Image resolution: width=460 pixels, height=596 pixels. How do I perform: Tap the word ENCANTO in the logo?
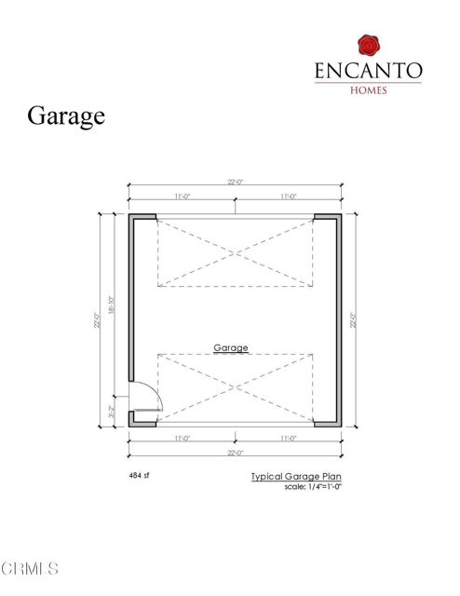point(370,72)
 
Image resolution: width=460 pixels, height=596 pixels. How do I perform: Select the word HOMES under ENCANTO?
point(369,90)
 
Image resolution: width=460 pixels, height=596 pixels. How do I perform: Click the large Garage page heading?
point(66,117)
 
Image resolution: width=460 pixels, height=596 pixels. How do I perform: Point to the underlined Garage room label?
point(231,347)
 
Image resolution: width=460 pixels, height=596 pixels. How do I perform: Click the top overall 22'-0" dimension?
point(234,183)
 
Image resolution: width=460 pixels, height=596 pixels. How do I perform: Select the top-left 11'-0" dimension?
point(182,196)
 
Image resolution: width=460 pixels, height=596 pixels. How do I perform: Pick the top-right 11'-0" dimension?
point(287,196)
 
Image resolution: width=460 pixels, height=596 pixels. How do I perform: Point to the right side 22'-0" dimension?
point(352,319)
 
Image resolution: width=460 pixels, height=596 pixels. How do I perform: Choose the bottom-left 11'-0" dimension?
point(182,438)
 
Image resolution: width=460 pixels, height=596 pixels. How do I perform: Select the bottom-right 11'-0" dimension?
point(287,438)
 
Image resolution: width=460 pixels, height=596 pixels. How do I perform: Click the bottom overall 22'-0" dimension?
point(234,453)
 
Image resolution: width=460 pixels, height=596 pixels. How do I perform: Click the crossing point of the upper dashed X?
point(235,253)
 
